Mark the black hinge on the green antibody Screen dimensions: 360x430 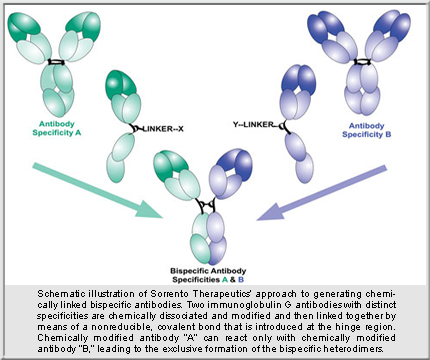[x=62, y=62]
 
